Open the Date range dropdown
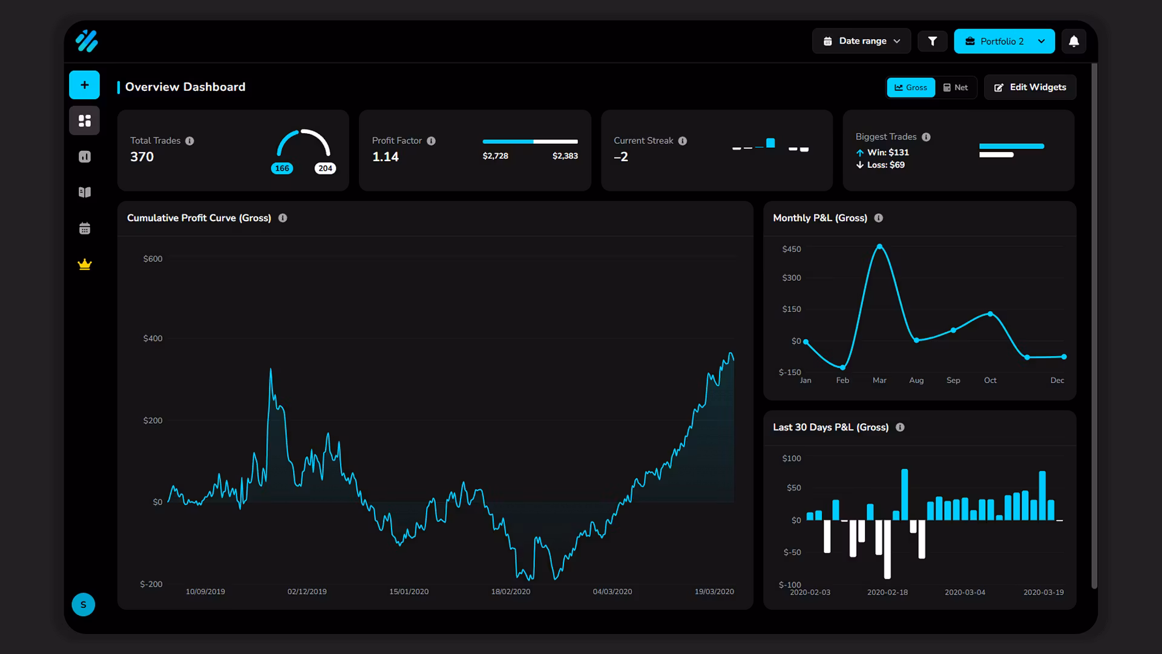click(861, 41)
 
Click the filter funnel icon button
click(933, 41)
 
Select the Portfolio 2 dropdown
click(1004, 41)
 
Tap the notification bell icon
click(1074, 41)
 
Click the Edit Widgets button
click(1030, 87)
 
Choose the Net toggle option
click(956, 87)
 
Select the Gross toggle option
click(911, 87)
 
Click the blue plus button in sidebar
click(85, 85)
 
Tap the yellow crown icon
click(85, 265)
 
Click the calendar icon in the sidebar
click(85, 228)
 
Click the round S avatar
click(84, 604)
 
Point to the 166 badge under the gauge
click(282, 168)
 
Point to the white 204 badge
click(325, 168)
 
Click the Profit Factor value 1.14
click(386, 157)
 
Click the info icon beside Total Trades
click(189, 141)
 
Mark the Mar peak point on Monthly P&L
click(879, 246)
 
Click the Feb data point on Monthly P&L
click(842, 367)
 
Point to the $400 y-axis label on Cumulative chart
click(153, 339)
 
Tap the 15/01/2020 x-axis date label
click(409, 592)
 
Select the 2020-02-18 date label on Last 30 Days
click(887, 592)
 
